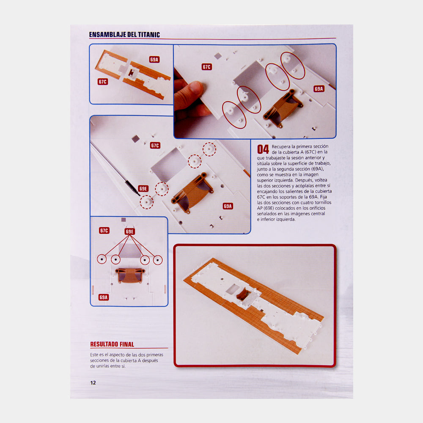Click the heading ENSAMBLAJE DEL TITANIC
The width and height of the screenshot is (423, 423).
(x=124, y=35)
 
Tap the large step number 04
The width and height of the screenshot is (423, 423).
(x=263, y=149)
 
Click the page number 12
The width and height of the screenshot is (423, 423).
(x=93, y=382)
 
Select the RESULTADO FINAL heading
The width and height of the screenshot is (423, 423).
(x=112, y=344)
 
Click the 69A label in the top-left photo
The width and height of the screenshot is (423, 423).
(x=154, y=60)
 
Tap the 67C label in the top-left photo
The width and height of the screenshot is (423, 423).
(x=102, y=82)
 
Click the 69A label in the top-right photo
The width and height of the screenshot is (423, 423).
(x=319, y=89)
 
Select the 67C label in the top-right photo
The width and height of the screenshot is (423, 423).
(x=207, y=67)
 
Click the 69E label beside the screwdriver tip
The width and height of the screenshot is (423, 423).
(x=143, y=189)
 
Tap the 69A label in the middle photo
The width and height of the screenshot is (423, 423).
(x=228, y=206)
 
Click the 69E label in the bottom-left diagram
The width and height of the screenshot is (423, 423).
(x=129, y=231)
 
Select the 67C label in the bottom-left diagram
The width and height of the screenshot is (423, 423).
(x=104, y=231)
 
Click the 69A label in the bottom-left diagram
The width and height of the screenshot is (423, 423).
(x=104, y=297)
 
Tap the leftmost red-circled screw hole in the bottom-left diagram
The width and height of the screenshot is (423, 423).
(x=102, y=259)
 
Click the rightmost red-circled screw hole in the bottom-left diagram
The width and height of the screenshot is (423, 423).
(x=158, y=260)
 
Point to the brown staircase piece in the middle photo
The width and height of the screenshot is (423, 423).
(x=192, y=192)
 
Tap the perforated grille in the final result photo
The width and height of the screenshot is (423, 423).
(x=250, y=299)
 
